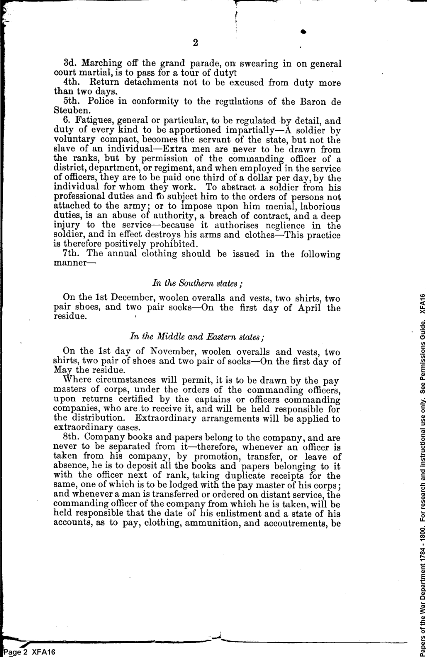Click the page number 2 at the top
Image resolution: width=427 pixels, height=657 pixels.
(195, 43)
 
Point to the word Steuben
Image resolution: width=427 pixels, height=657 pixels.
(72, 111)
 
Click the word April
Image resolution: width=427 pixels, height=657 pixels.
(309, 307)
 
